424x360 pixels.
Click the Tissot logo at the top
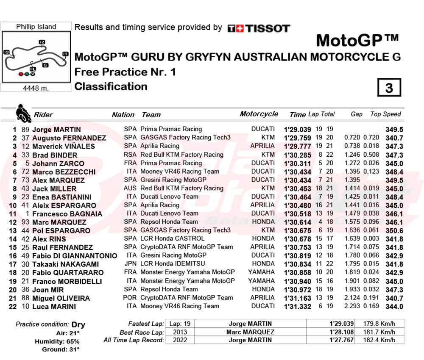[259, 28]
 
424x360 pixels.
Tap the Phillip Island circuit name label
[36, 27]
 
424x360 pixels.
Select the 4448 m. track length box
[36, 88]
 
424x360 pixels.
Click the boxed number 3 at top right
[389, 88]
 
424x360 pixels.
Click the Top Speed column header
[385, 114]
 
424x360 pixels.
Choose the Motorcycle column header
[259, 114]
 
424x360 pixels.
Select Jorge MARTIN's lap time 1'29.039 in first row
[297, 130]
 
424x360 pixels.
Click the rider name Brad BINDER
[55, 155]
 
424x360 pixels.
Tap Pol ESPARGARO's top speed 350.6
[394, 230]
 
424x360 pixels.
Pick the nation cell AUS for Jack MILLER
[130, 188]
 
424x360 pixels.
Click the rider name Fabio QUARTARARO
[68, 273]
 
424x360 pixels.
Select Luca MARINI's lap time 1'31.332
[297, 307]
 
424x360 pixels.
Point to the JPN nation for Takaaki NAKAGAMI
[130, 264]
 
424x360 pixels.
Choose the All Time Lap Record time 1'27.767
[341, 340]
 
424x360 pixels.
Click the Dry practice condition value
[78, 325]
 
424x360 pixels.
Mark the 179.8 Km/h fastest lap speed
[379, 324]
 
